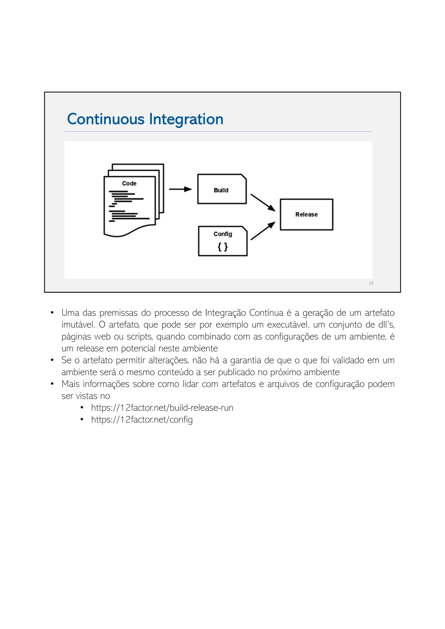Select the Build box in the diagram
pos(222,189)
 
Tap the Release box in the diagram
pos(306,215)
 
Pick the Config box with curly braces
pos(222,241)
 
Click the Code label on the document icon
pos(129,183)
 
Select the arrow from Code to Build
pos(180,189)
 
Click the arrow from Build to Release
pos(262,202)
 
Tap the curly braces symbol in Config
pos(222,247)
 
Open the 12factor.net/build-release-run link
pos(162,408)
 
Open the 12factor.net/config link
pos(142,419)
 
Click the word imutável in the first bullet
pos(78,325)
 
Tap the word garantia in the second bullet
pos(246,360)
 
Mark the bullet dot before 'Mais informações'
pos(52,384)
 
